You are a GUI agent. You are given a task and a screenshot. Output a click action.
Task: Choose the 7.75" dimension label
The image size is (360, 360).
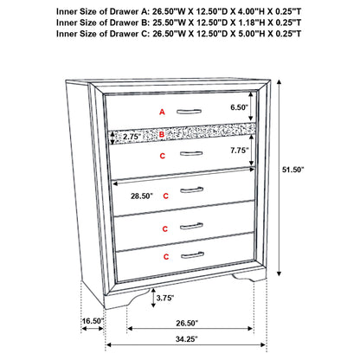pos(239,151)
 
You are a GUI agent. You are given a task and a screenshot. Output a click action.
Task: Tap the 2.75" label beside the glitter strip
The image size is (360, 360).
pos(132,136)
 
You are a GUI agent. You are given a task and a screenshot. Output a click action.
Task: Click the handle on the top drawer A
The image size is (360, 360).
pos(188,109)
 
